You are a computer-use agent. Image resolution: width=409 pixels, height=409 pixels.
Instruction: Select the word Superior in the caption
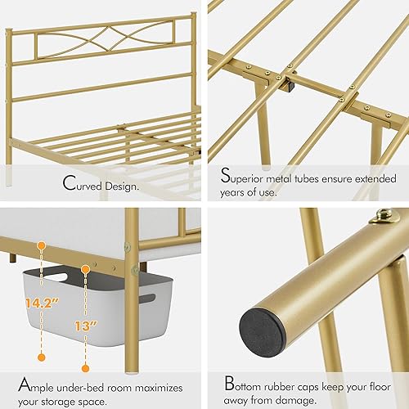pyautogui.click(x=245, y=174)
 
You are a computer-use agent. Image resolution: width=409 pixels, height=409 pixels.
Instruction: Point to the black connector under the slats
pyautogui.click(x=290, y=83)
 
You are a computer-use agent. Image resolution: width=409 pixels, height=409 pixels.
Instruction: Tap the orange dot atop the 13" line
pyautogui.click(x=84, y=267)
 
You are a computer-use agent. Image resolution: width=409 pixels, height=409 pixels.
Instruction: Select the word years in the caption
pyautogui.click(x=238, y=192)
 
